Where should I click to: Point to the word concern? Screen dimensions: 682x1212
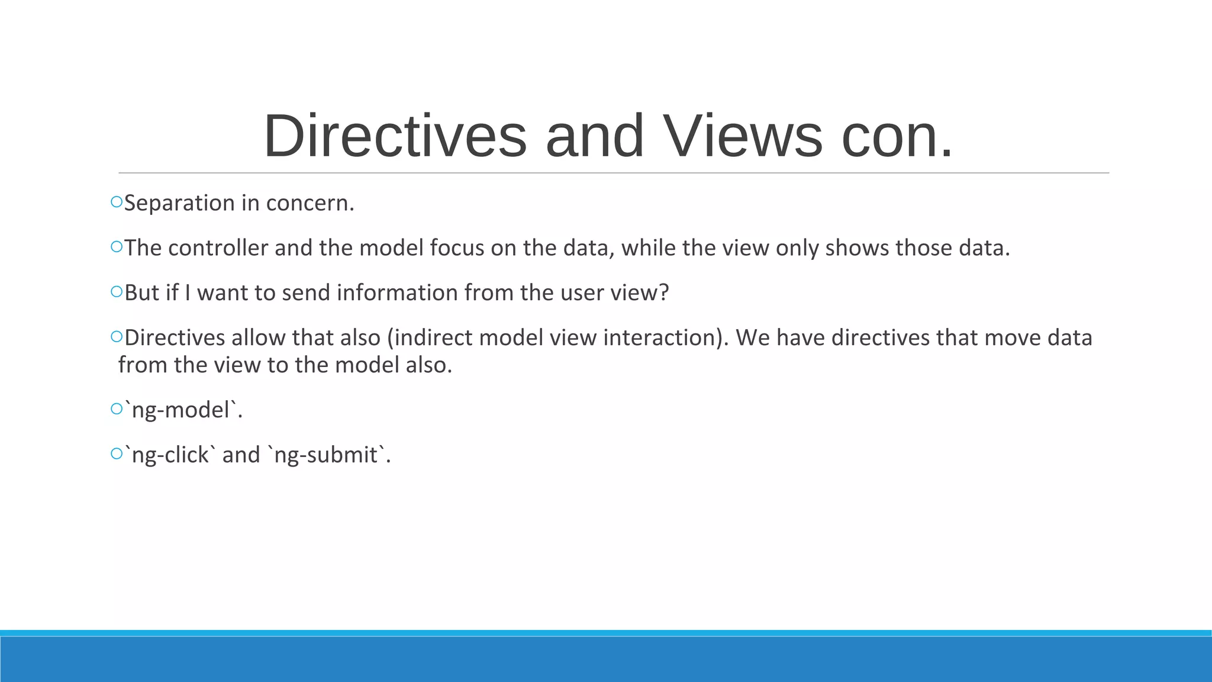(x=310, y=203)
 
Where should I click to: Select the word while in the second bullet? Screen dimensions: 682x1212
(x=649, y=247)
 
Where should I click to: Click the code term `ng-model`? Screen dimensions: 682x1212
(x=183, y=410)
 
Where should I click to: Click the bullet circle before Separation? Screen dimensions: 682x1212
(x=116, y=202)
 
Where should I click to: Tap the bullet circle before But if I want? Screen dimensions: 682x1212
(x=116, y=292)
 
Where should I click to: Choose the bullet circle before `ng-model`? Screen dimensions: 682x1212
(x=116, y=409)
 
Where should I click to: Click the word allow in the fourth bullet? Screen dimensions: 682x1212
(x=259, y=337)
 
